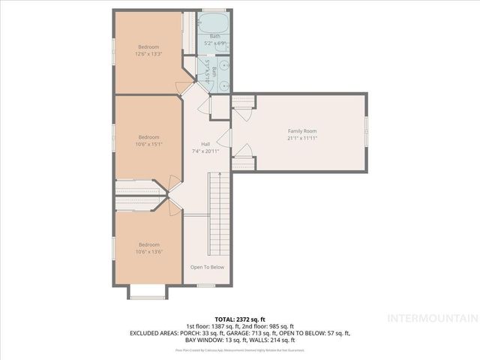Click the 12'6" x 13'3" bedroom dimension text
(x=148, y=53)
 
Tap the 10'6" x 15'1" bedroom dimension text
(x=148, y=145)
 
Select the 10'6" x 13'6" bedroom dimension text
(x=148, y=251)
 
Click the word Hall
(x=205, y=144)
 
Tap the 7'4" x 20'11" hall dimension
(x=205, y=151)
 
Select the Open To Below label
(x=206, y=267)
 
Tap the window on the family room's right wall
(x=366, y=131)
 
